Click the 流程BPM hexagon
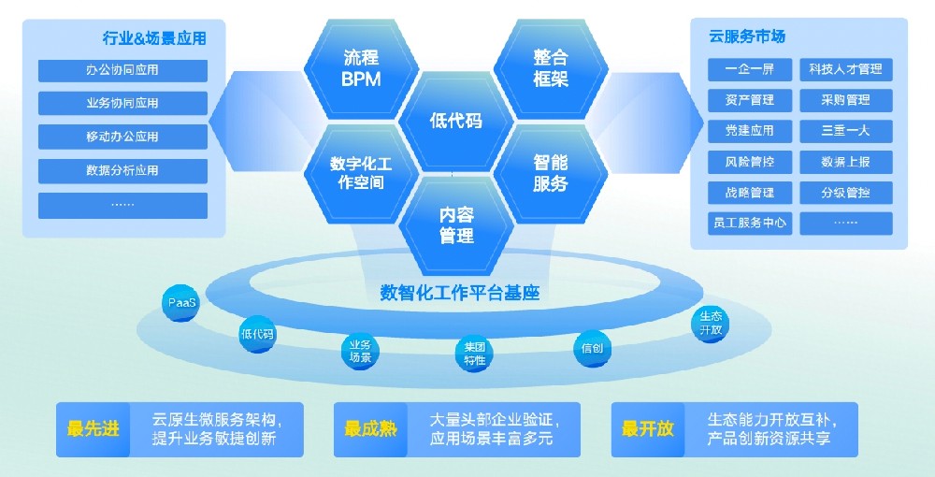[361, 68]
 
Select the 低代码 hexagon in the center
[456, 121]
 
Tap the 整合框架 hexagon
[551, 68]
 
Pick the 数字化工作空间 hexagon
[361, 173]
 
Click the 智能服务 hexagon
[551, 173]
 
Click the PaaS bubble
[181, 303]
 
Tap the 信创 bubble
[592, 348]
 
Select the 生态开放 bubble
[711, 324]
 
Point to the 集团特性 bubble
[475, 354]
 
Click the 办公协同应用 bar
[122, 70]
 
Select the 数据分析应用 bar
[122, 171]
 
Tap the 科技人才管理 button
[845, 69]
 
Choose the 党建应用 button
[750, 131]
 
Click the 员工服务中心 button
[750, 223]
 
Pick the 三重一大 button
[845, 131]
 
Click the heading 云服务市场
[747, 36]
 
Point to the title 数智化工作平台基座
[460, 293]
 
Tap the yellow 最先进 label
[93, 428]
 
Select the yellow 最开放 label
[648, 428]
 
